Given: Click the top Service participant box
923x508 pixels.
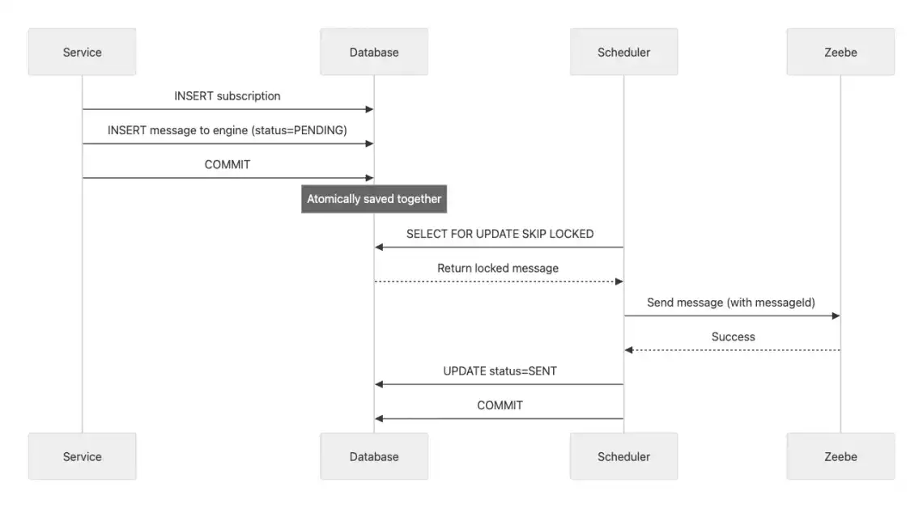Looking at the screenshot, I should click(x=82, y=52).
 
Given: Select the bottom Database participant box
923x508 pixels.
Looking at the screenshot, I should click(x=374, y=456).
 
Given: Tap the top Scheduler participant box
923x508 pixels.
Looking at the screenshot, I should click(x=623, y=52).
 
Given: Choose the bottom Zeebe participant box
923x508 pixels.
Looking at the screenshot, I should click(x=840, y=456).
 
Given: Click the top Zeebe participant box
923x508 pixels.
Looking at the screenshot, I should click(x=840, y=52).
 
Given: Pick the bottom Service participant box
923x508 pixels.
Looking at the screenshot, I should click(x=82, y=456).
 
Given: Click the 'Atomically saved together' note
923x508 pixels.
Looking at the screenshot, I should click(x=374, y=199).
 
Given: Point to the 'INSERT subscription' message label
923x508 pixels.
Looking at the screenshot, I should click(x=228, y=96).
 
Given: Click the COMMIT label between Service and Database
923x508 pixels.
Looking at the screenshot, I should click(x=228, y=165).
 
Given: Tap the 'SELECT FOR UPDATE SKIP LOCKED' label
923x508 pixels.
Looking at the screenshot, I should click(x=500, y=234).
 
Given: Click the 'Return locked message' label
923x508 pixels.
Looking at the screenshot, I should click(x=498, y=268).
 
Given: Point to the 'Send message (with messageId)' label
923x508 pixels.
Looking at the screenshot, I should click(x=731, y=303).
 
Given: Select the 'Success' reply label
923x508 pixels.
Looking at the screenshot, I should click(x=733, y=337).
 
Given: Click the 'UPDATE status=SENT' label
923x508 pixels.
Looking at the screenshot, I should click(x=500, y=371).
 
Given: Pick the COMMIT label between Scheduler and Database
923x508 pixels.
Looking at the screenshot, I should click(x=500, y=405).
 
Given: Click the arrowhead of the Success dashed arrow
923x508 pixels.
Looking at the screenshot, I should click(x=628, y=350).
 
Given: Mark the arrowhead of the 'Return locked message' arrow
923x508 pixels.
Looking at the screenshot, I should click(x=619, y=282).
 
